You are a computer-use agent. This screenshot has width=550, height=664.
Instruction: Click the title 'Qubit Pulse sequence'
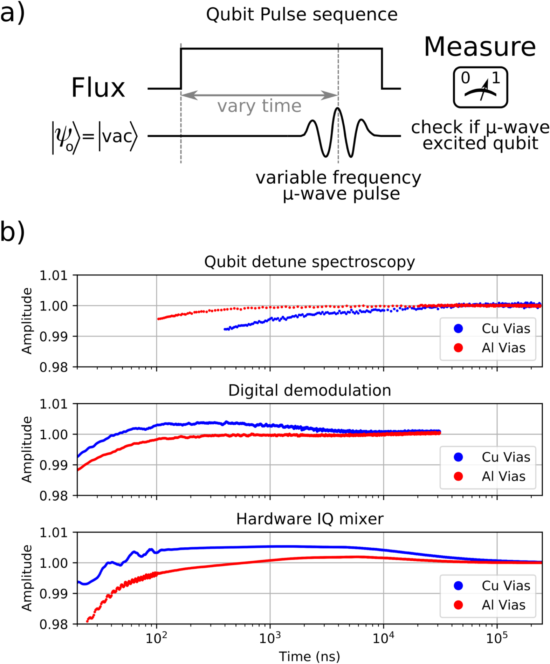tap(302, 15)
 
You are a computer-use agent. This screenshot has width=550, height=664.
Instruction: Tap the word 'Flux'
tap(98, 88)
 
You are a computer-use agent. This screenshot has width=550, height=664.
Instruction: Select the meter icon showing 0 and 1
tap(480, 87)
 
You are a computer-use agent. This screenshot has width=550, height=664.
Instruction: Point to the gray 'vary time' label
tap(259, 106)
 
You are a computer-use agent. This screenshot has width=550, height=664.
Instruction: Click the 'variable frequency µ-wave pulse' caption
tap(338, 185)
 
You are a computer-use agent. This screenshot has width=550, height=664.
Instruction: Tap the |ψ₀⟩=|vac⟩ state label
tap(95, 137)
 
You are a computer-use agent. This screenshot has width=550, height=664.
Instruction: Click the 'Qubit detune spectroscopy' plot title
tap(309, 262)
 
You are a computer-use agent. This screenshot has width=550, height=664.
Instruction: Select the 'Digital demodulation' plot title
tap(309, 390)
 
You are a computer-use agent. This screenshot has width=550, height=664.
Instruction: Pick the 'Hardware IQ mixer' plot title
tap(309, 519)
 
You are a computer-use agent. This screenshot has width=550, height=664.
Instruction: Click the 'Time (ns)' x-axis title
tap(309, 656)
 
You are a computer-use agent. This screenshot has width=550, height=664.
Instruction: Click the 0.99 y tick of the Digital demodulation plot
tap(53, 465)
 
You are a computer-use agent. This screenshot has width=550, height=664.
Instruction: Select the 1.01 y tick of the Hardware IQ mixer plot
tap(53, 533)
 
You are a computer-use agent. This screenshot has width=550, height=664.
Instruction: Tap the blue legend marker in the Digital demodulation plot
tap(458, 457)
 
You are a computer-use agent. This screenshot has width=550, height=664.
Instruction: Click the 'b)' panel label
tap(12, 232)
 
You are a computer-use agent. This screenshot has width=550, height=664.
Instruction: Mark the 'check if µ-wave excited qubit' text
tap(480, 135)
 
